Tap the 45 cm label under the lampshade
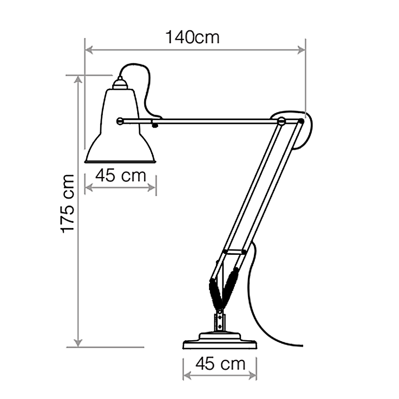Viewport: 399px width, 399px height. [121, 176]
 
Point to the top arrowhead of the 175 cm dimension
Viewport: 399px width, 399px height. [78, 80]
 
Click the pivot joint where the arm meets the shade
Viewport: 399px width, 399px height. [120, 120]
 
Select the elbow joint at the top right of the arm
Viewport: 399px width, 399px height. [282, 121]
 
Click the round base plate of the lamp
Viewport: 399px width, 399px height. [220, 344]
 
